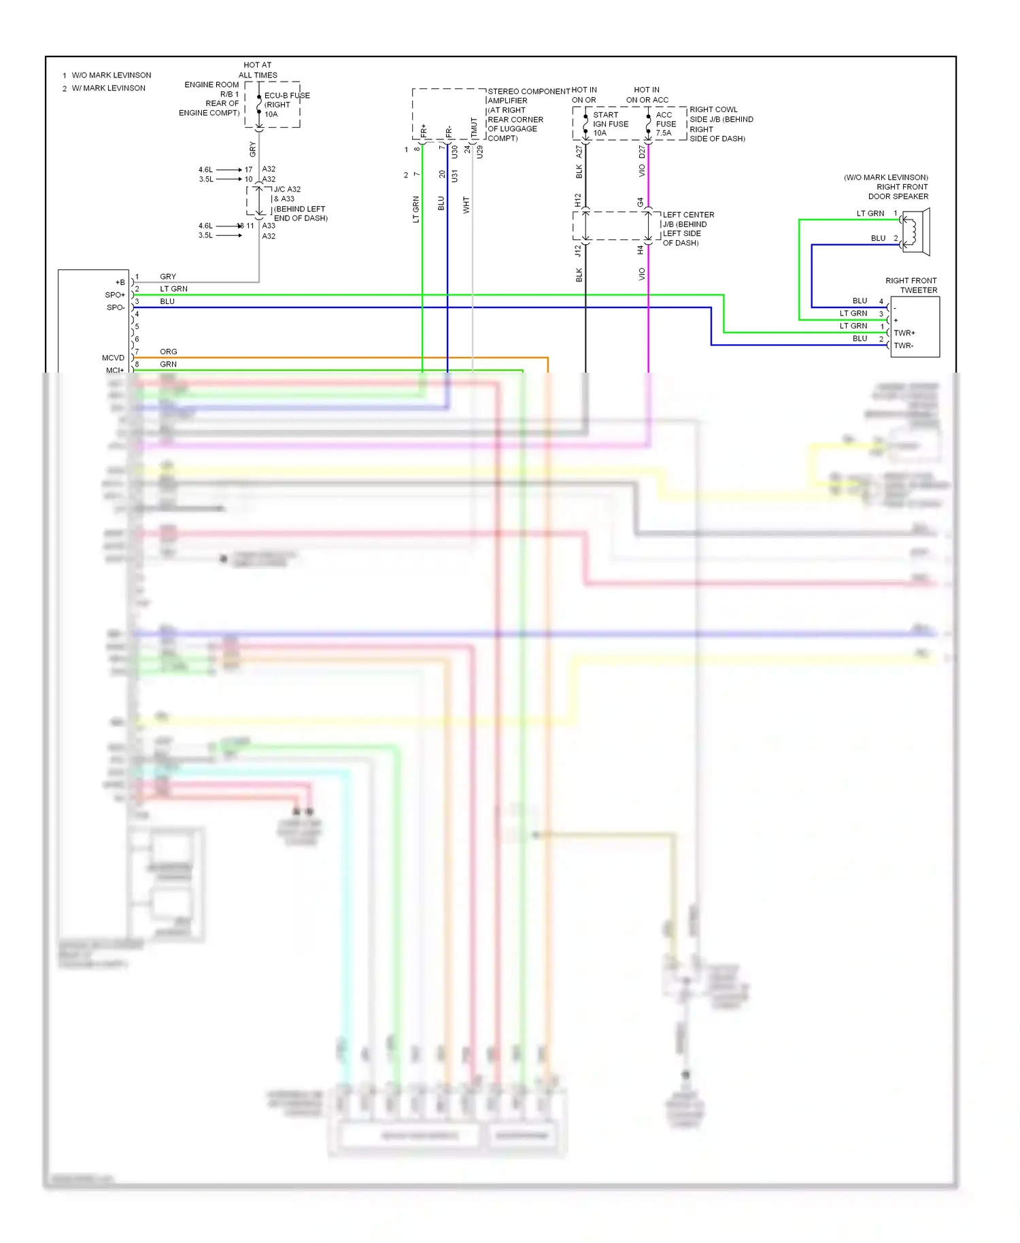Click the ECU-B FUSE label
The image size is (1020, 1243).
(x=286, y=96)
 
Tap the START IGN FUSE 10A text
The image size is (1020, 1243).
(x=610, y=124)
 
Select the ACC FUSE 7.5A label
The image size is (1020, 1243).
(x=665, y=124)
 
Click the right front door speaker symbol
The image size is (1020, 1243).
(x=915, y=233)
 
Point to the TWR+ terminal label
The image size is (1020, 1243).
(x=904, y=333)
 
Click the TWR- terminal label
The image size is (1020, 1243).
(x=903, y=346)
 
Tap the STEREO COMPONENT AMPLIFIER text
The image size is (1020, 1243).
(x=528, y=96)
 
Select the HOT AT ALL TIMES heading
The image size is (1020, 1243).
(x=258, y=70)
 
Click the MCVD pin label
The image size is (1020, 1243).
(x=113, y=358)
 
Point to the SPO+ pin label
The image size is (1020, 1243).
(x=115, y=295)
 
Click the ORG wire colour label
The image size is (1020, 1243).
(x=168, y=352)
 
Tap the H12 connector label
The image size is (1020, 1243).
(x=577, y=200)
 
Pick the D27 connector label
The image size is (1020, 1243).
(x=641, y=152)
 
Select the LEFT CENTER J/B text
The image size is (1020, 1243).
(x=687, y=220)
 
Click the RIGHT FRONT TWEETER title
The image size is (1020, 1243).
(x=911, y=285)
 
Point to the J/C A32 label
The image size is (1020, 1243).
(x=286, y=190)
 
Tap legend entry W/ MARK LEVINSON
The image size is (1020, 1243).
(x=108, y=88)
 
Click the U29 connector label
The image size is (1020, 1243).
(x=479, y=152)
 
